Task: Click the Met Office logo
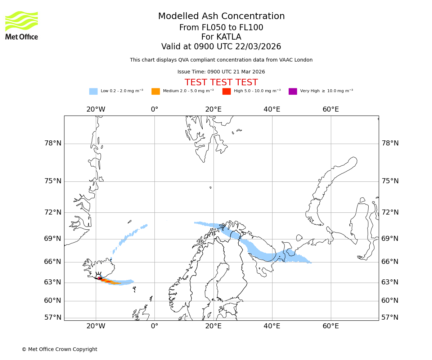tap(22, 25)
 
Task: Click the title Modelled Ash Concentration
tap(221, 17)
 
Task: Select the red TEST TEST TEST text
tap(221, 82)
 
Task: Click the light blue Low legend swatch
tap(93, 91)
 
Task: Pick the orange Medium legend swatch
tap(156, 91)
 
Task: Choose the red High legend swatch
tap(226, 91)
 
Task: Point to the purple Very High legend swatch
tap(293, 91)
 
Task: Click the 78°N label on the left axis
tap(53, 143)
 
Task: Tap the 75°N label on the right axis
tap(390, 181)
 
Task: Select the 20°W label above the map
tap(96, 109)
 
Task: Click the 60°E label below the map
tap(330, 326)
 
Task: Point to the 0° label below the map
tap(154, 326)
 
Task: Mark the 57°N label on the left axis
tap(53, 318)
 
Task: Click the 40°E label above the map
tap(272, 109)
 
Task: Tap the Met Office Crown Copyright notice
tap(59, 349)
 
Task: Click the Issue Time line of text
tap(221, 72)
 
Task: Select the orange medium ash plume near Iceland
tap(114, 283)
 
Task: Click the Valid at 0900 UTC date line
tap(221, 47)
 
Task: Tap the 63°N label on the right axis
tap(390, 282)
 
